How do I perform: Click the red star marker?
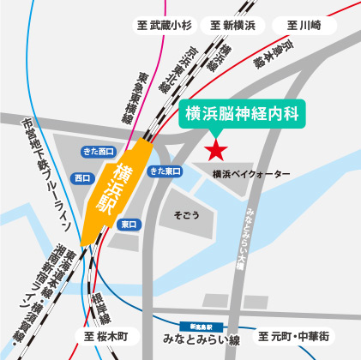(215, 151)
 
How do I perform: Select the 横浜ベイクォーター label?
(250, 175)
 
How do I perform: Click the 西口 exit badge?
(83, 179)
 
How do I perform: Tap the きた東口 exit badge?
(165, 171)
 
